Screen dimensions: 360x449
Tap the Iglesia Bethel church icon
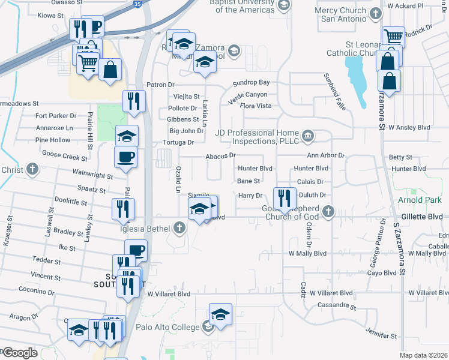click(179, 227)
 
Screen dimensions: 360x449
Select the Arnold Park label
click(420, 199)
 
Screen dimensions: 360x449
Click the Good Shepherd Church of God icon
click(328, 211)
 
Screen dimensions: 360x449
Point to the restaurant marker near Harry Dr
click(284, 197)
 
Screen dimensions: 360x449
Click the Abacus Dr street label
click(220, 155)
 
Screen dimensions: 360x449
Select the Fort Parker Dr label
click(56, 115)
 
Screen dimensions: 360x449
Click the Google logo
click(20, 353)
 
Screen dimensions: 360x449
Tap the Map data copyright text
click(424, 355)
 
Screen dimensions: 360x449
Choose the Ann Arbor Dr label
click(326, 155)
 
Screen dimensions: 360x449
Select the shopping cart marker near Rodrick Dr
click(393, 37)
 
